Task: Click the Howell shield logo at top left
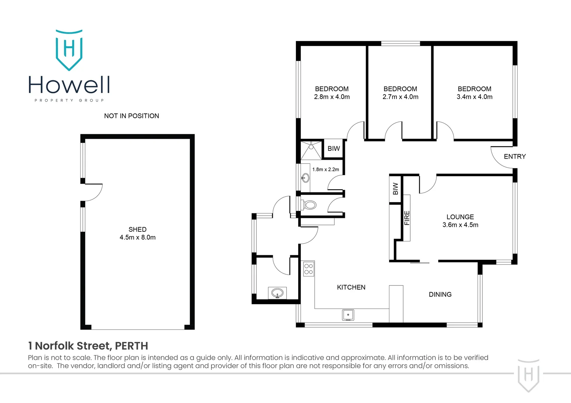(69, 50)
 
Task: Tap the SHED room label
(138, 229)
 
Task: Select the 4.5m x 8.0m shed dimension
(138, 237)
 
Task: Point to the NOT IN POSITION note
(132, 116)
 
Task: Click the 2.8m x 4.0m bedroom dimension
(332, 97)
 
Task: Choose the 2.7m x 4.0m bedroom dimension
(400, 97)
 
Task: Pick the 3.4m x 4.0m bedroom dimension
(475, 97)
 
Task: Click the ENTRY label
(515, 157)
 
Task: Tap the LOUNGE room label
(460, 217)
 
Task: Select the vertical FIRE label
(407, 218)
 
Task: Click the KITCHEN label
(351, 287)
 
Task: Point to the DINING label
(440, 294)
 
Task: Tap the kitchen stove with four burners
(309, 269)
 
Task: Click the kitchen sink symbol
(348, 315)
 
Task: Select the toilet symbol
(310, 204)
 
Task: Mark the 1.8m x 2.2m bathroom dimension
(325, 169)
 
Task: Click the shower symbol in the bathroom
(311, 150)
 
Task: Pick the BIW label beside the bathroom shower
(334, 149)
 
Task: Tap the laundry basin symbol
(277, 293)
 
